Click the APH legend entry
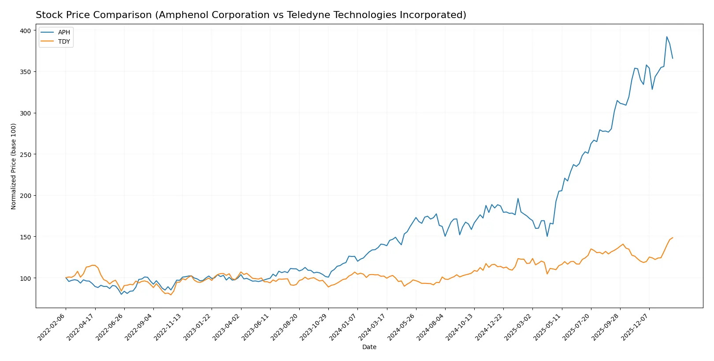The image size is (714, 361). (x=63, y=32)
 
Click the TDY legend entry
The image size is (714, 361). (x=63, y=41)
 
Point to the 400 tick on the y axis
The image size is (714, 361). (x=26, y=30)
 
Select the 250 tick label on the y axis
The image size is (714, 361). (x=26, y=154)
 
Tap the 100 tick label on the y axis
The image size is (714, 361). (x=26, y=278)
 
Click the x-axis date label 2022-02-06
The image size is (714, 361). (x=52, y=327)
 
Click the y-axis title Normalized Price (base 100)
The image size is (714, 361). (x=14, y=166)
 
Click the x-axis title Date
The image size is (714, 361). (x=369, y=347)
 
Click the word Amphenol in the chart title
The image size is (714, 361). (x=180, y=15)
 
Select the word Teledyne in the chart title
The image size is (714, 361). (x=308, y=15)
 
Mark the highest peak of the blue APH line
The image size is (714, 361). (x=666, y=37)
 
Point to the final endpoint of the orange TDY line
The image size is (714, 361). (x=673, y=238)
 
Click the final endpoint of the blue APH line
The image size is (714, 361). (x=673, y=58)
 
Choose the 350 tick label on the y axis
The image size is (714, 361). (x=26, y=71)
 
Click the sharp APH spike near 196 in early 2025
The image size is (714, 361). (x=518, y=198)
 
